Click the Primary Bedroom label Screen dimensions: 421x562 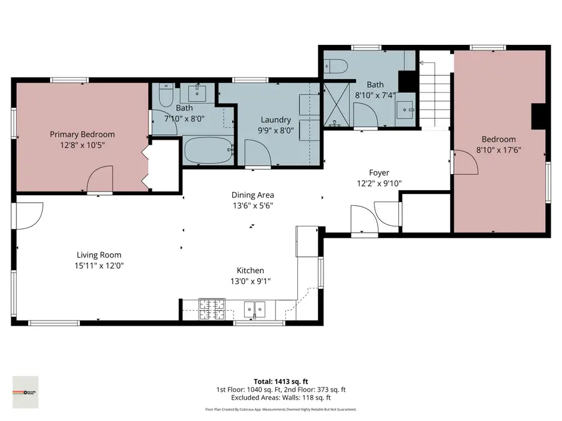coord(82,134)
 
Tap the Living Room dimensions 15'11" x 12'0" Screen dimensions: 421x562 coord(99,266)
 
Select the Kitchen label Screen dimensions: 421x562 coord(250,271)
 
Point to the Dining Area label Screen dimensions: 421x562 coord(253,195)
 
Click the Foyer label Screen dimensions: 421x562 coord(379,173)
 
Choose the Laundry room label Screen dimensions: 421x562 coord(276,120)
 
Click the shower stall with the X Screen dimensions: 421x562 coord(337,107)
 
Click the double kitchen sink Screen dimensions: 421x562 coord(255,307)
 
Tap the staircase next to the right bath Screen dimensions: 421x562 coord(435,94)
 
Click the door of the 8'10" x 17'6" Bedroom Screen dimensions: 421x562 coord(464,162)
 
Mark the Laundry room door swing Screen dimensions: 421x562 coord(256,153)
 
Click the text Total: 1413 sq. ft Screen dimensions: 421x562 coord(280,381)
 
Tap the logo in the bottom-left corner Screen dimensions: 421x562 coord(26,392)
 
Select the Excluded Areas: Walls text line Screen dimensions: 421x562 coord(280,397)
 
